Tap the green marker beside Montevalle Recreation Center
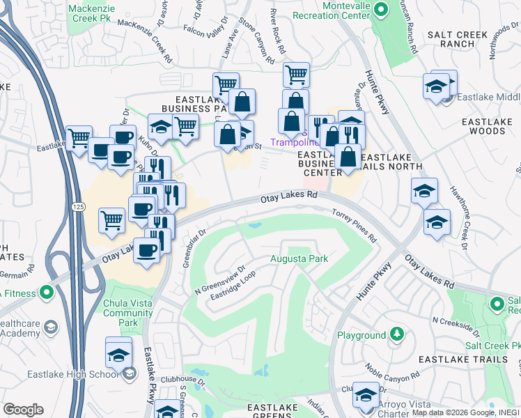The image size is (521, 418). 380,10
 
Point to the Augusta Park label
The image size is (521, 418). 299,259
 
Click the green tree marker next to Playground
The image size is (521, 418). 396,335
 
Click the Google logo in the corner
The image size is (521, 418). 23,409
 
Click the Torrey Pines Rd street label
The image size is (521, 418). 354,223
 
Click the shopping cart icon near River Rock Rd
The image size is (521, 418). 297,73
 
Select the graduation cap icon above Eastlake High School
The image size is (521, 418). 119,353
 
